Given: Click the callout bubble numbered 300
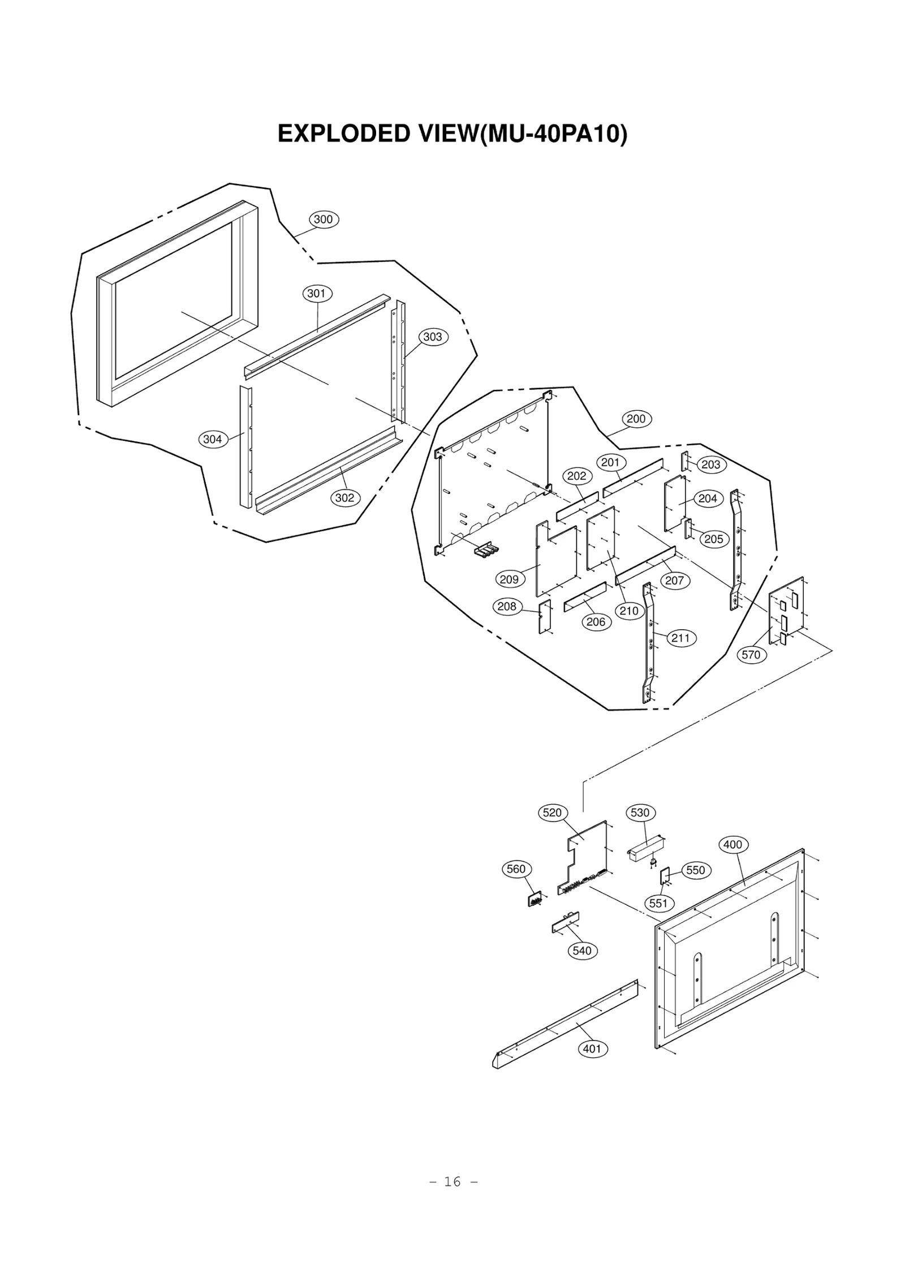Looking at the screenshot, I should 324,220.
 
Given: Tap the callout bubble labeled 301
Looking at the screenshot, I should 317,293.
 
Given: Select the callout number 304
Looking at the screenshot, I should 213,439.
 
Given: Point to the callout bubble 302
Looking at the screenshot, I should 344,498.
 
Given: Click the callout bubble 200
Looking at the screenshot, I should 636,419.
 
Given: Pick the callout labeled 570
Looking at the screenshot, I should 751,655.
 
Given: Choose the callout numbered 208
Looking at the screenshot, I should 507,607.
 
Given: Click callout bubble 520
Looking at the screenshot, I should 552,813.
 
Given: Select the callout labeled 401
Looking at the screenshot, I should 592,1048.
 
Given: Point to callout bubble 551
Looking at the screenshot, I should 658,903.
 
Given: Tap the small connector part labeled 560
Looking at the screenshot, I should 535,899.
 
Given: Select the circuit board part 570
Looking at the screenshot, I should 786,611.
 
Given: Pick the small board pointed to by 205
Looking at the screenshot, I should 688,529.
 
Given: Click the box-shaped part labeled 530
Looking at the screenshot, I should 645,850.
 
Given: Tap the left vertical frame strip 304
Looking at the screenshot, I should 245,447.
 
